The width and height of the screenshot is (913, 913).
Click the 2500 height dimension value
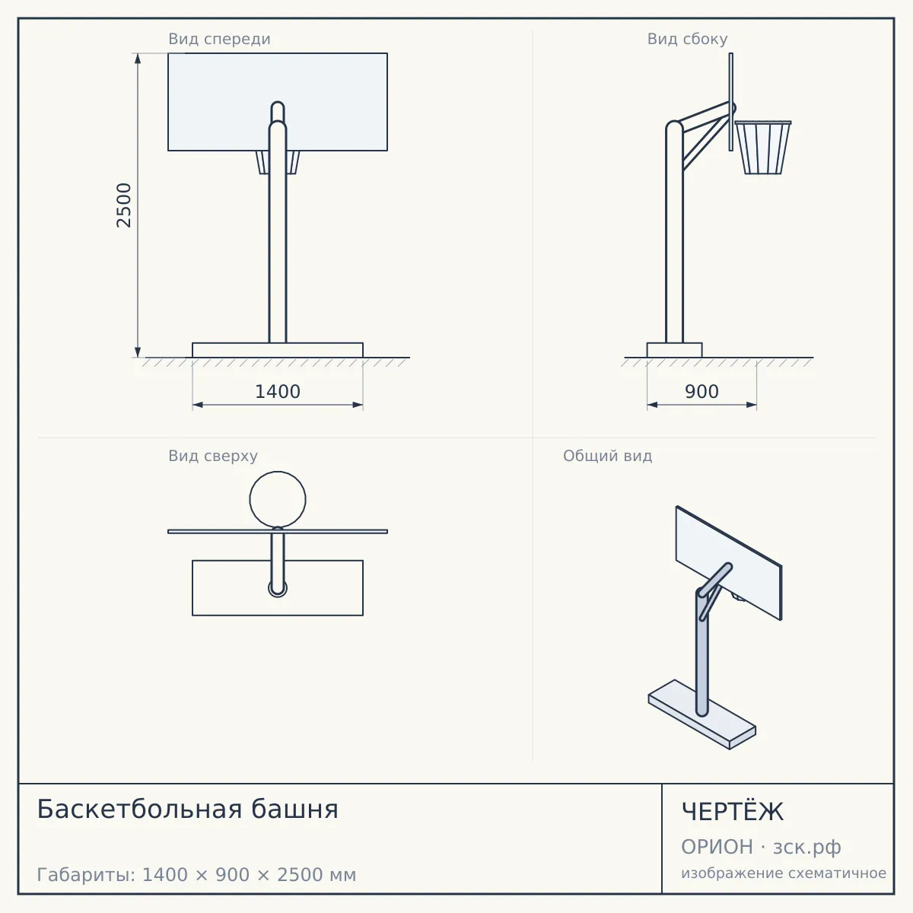click(124, 205)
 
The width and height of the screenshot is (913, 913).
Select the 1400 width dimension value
click(278, 392)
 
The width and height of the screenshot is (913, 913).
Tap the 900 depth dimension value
click(701, 392)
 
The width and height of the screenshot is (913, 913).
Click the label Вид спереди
click(219, 39)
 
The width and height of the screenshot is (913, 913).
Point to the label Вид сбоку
click(688, 39)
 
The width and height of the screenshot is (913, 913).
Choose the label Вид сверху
click(213, 456)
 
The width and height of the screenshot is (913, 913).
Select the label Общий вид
click(607, 456)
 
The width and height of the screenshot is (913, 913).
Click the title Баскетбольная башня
click(188, 809)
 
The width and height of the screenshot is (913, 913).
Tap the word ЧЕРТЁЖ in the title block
click(733, 812)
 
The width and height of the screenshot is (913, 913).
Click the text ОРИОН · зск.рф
click(761, 847)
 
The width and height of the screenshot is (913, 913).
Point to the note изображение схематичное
click(784, 873)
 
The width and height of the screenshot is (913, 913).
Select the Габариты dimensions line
click(196, 875)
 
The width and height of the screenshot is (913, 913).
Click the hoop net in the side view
click(763, 148)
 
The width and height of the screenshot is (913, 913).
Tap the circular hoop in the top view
click(278, 472)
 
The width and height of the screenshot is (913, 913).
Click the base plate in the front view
click(278, 350)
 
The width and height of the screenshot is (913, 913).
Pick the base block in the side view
click(674, 350)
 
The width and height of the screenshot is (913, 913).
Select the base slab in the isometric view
click(702, 714)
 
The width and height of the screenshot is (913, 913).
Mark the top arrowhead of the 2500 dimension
click(138, 58)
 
